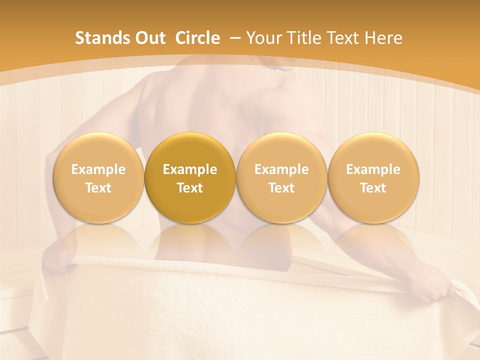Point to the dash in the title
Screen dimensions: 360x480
(233, 38)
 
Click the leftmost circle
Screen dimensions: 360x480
(98, 178)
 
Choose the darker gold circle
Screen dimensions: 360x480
(190, 178)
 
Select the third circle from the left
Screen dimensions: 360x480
(281, 178)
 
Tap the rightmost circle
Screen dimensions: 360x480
(373, 178)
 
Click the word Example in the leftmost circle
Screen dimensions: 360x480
(98, 169)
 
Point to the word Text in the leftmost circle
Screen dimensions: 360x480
(98, 188)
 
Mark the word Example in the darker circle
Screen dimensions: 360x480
(190, 169)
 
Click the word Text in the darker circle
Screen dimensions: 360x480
(190, 188)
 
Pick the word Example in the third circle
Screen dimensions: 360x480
(281, 169)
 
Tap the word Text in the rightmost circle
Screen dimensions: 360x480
(373, 188)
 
